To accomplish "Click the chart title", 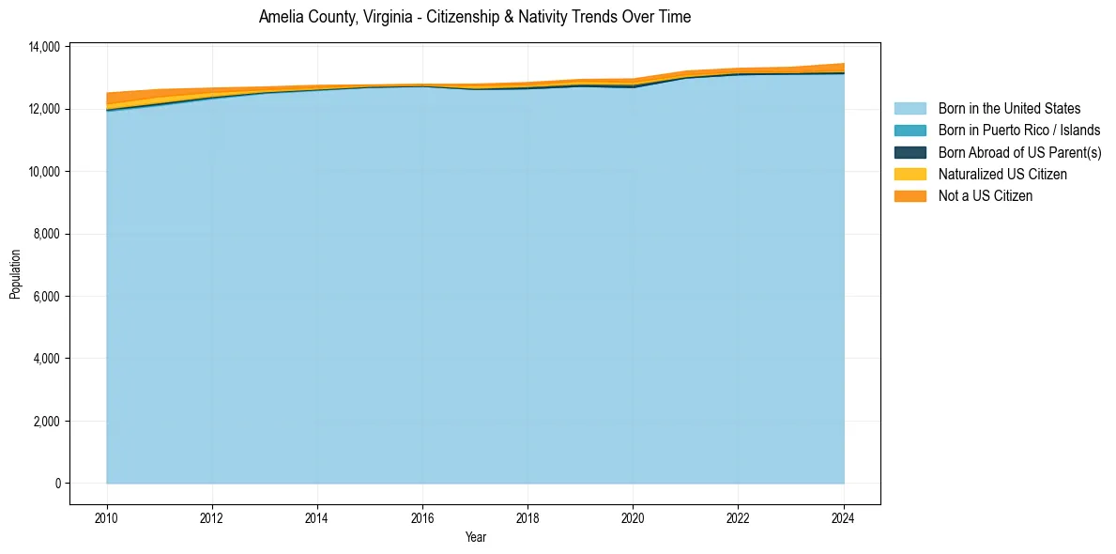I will point(475,17).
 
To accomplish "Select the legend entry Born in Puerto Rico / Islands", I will point(1019,131).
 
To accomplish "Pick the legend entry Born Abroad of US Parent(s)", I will point(1019,152).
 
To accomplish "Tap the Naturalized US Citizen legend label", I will point(1002,174).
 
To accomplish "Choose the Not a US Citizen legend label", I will point(986,196).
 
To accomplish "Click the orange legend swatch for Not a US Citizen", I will point(910,196).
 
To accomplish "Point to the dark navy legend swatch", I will point(910,152).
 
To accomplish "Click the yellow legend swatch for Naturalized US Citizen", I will point(910,174).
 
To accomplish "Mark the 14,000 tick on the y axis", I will point(44,47).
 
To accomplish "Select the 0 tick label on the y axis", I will point(57,484).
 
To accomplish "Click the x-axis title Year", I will point(476,537).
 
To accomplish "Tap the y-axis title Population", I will point(15,274).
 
